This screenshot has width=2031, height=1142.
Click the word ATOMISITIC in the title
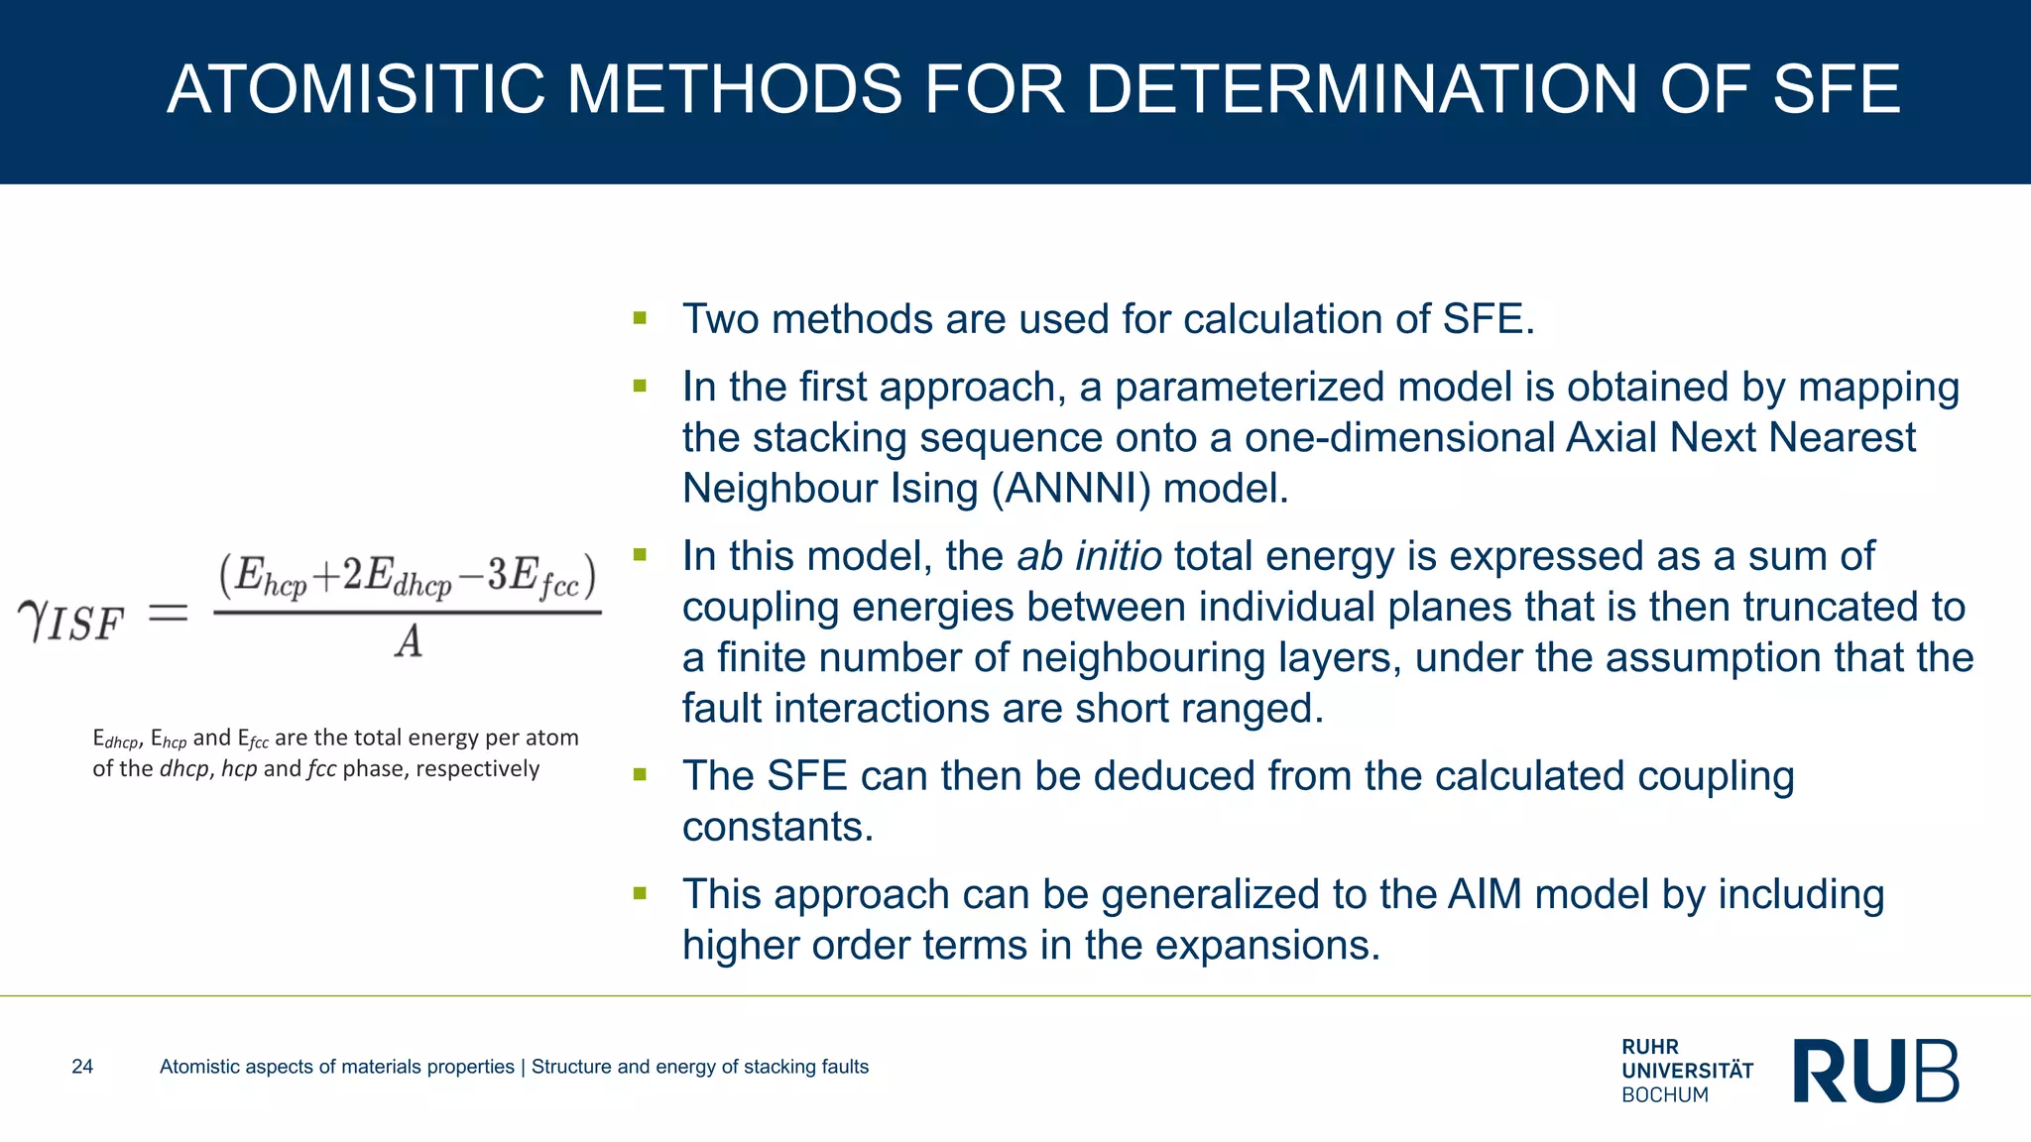click(x=356, y=89)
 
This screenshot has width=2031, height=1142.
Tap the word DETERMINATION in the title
click(x=1362, y=89)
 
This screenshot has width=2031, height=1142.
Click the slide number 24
click(x=82, y=1067)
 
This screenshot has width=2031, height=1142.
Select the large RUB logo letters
click(x=1875, y=1071)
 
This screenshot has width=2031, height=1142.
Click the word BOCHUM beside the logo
click(x=1665, y=1095)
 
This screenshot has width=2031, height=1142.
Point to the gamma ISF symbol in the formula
click(x=70, y=622)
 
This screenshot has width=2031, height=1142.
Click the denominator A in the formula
click(x=409, y=642)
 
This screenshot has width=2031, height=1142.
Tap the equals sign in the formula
click(x=168, y=614)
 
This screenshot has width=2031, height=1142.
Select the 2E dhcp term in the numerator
click(x=397, y=576)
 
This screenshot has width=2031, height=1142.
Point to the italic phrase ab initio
click(x=1089, y=556)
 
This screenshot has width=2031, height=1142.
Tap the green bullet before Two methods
click(x=640, y=318)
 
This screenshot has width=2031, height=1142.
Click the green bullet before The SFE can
click(x=640, y=774)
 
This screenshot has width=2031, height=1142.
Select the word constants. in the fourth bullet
click(x=777, y=827)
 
